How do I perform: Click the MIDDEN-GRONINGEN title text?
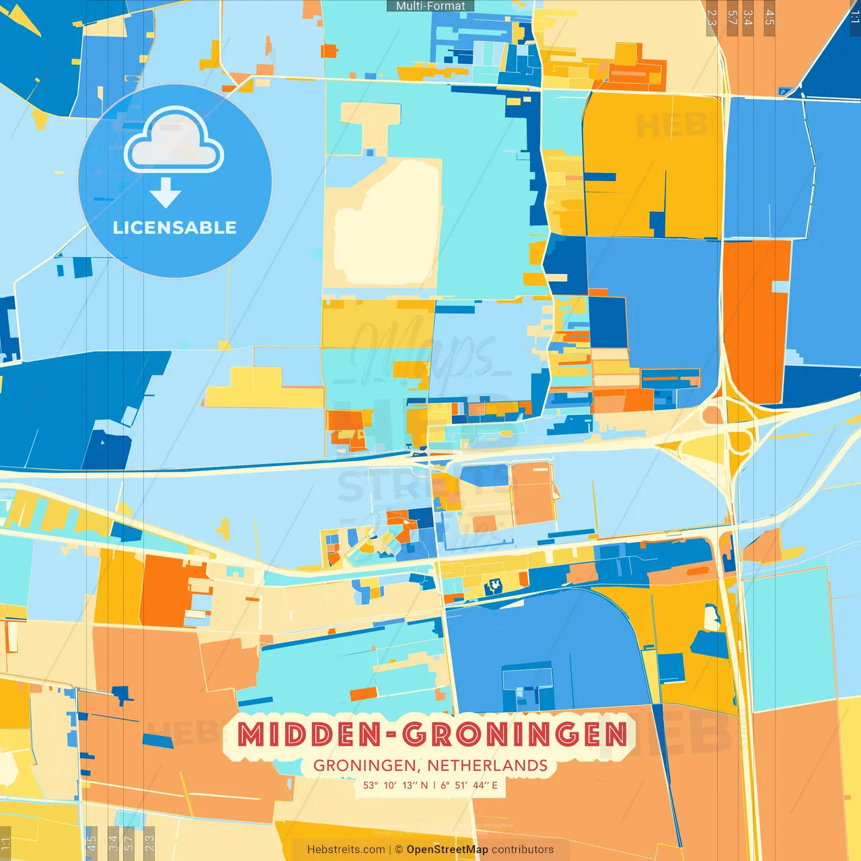(x=432, y=734)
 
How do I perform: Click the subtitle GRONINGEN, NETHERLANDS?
(x=430, y=765)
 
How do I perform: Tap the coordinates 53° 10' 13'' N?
(x=395, y=785)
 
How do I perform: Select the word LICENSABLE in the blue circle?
(x=174, y=227)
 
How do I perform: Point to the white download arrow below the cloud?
(x=165, y=193)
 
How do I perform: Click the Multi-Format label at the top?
(x=430, y=6)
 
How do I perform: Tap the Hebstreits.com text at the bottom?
(x=346, y=850)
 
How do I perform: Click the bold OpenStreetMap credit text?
(x=447, y=850)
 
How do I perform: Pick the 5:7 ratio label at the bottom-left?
(x=129, y=842)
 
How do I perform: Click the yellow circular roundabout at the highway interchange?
(x=739, y=442)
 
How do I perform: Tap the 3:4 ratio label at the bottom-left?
(x=113, y=842)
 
